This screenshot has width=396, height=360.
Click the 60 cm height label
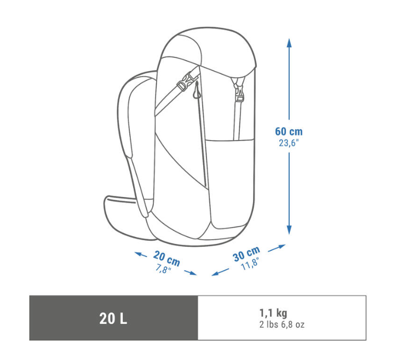point(289,131)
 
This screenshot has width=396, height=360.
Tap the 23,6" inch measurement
point(289,143)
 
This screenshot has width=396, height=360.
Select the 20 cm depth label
point(167,258)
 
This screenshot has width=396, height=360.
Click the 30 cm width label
point(246,254)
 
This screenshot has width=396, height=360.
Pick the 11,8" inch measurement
point(250,264)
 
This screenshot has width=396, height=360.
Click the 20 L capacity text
point(113,318)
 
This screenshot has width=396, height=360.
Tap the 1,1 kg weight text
point(273,313)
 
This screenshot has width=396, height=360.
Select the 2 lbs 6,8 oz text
point(282,324)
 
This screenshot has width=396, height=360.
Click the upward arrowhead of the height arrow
point(289,42)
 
